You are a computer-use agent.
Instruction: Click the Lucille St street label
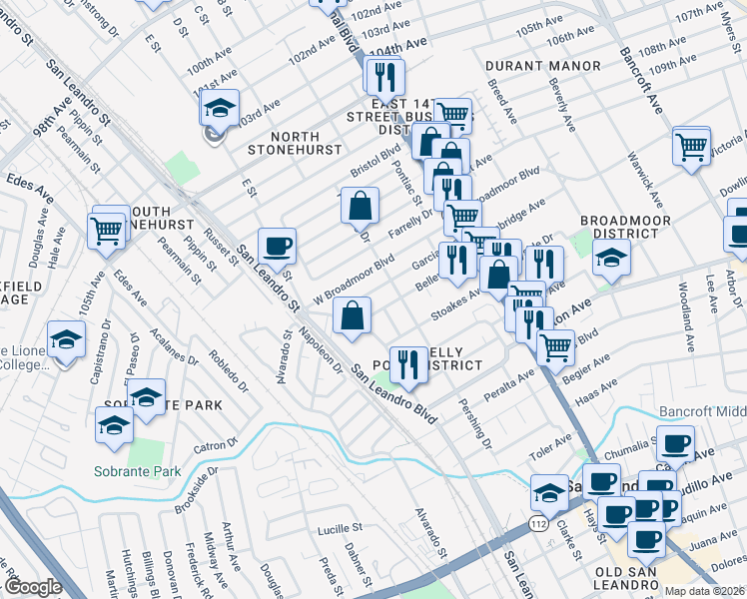click(339, 528)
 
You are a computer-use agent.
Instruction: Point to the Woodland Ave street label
click(687, 319)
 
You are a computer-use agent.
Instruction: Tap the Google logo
click(33, 588)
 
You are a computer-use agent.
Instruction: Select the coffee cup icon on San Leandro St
click(277, 245)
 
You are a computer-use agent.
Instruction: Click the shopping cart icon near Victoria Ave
click(691, 146)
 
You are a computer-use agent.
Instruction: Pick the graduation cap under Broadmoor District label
click(611, 260)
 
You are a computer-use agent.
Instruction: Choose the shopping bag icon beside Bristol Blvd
click(360, 206)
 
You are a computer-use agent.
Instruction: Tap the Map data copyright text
click(704, 591)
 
